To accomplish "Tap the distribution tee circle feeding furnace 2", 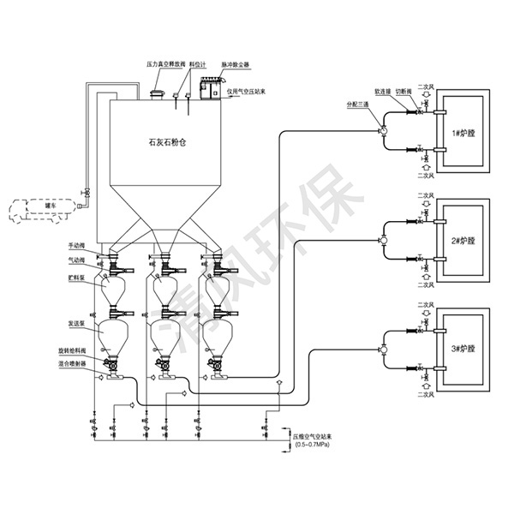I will point(384,241).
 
